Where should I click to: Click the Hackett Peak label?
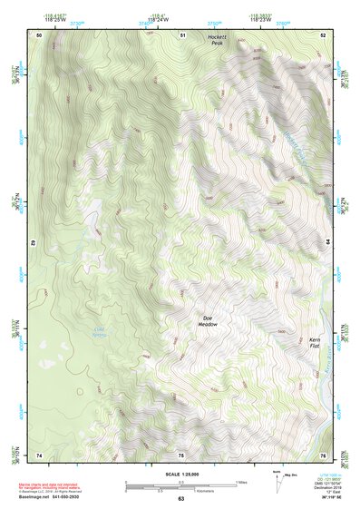(214, 40)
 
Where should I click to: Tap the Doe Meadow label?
(207, 321)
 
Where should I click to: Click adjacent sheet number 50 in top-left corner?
(39, 34)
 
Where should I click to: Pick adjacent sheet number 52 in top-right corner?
(324, 34)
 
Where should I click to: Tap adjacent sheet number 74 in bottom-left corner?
(39, 455)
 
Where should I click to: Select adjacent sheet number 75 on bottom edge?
(181, 455)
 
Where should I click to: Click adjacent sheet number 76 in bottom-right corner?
(324, 455)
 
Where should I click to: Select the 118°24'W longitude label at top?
(181, 19)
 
